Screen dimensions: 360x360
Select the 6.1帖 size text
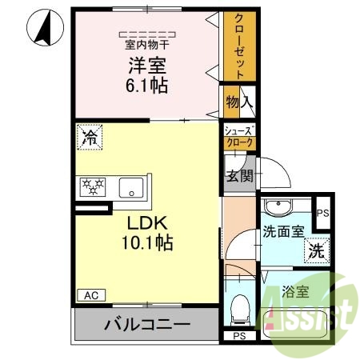[146, 85]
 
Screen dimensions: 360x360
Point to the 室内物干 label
[146, 46]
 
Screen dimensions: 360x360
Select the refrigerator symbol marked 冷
[90, 138]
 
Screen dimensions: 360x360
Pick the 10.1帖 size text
[146, 240]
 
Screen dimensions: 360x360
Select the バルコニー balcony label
[146, 325]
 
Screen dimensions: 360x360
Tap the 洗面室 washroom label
[282, 233]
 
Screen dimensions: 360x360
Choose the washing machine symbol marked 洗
[317, 249]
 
